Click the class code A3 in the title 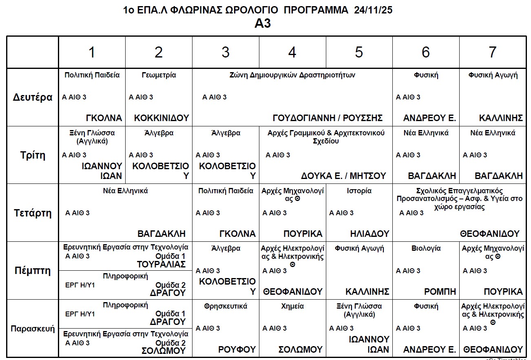click(263, 24)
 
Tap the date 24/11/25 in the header click(374, 10)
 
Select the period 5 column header click(359, 52)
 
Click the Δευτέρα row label click(33, 97)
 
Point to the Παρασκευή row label click(33, 329)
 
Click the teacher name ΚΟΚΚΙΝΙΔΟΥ click(162, 118)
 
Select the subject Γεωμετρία click(159, 75)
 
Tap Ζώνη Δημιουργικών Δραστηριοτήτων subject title click(292, 75)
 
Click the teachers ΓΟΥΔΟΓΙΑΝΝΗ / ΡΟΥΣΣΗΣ click(327, 118)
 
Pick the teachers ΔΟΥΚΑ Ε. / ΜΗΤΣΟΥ click(343, 176)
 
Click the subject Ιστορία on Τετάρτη click(359, 191)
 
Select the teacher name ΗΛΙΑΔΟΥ click(369, 234)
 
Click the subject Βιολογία click(426, 248)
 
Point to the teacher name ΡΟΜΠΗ click(440, 292)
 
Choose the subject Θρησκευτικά click(226, 306)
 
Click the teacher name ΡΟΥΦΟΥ click(237, 350)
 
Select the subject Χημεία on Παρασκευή click(292, 306)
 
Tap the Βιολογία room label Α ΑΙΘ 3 click(408, 271)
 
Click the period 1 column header click(92, 52)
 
